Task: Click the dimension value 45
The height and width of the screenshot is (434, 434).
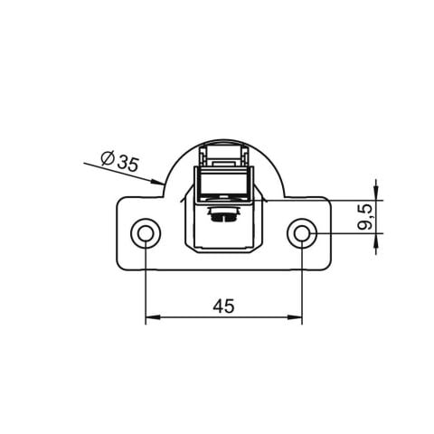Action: coord(223,307)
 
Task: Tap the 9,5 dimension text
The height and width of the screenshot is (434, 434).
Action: coord(366,217)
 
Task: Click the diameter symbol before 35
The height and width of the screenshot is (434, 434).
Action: coord(108,158)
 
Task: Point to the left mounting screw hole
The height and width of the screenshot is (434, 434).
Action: coord(146,233)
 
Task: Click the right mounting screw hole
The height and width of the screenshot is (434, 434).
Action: coord(301,233)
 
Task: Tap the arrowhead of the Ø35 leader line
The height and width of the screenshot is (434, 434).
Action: coord(157,182)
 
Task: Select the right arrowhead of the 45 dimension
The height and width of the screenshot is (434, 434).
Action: coord(295,317)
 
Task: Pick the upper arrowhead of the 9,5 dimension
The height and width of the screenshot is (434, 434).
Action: coord(375,193)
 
